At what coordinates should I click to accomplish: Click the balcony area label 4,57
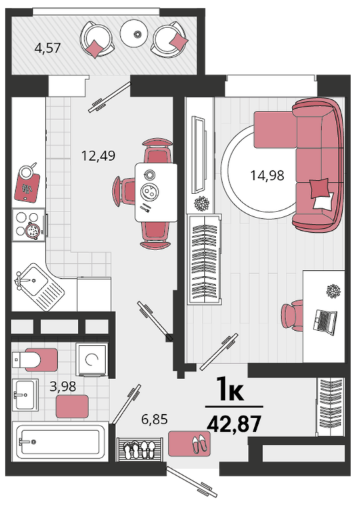coord(47,48)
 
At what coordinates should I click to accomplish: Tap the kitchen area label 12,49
coord(98,156)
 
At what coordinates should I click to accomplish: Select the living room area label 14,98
coord(267,175)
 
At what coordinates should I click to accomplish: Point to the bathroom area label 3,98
coord(63,386)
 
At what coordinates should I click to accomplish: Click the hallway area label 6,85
coord(155,420)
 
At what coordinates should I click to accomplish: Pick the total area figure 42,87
coord(234,424)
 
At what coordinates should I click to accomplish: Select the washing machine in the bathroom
coord(92,359)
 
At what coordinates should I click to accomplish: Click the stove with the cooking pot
coord(29,224)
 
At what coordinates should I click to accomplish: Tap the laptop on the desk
coord(325,322)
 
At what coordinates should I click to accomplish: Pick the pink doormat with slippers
coord(189,444)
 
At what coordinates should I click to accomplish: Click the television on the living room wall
coord(198,155)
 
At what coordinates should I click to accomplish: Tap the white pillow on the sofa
coord(323,201)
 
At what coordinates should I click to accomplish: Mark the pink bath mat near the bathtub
coord(72,406)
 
